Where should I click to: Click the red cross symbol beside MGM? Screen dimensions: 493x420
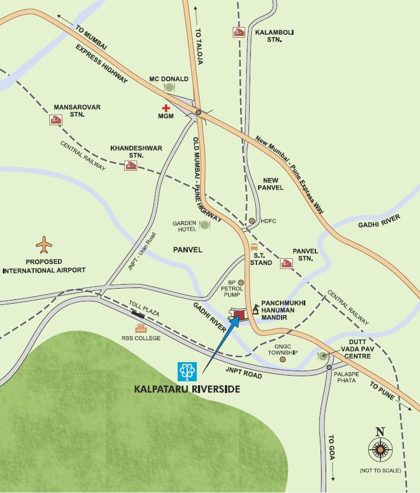166,108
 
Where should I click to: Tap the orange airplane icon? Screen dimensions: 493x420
44,245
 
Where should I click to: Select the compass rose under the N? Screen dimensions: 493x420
380,450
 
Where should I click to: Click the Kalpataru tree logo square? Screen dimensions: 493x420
187,370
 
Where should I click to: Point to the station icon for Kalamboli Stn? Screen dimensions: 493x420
238,32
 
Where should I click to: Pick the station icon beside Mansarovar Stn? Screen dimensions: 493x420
55,119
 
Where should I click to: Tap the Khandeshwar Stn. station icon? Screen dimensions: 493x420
131,166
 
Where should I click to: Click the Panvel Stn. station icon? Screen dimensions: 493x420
286,263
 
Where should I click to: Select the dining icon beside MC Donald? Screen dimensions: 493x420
169,88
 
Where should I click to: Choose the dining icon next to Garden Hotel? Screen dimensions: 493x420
205,225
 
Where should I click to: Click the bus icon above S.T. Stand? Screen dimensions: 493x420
254,247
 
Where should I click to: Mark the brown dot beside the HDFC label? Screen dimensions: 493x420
252,221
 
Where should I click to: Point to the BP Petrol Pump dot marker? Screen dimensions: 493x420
241,282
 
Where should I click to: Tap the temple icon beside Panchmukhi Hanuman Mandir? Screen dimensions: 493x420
256,309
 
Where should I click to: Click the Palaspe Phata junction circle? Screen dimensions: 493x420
329,368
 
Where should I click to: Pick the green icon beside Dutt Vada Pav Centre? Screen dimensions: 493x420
323,355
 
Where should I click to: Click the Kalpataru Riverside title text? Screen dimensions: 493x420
187,389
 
